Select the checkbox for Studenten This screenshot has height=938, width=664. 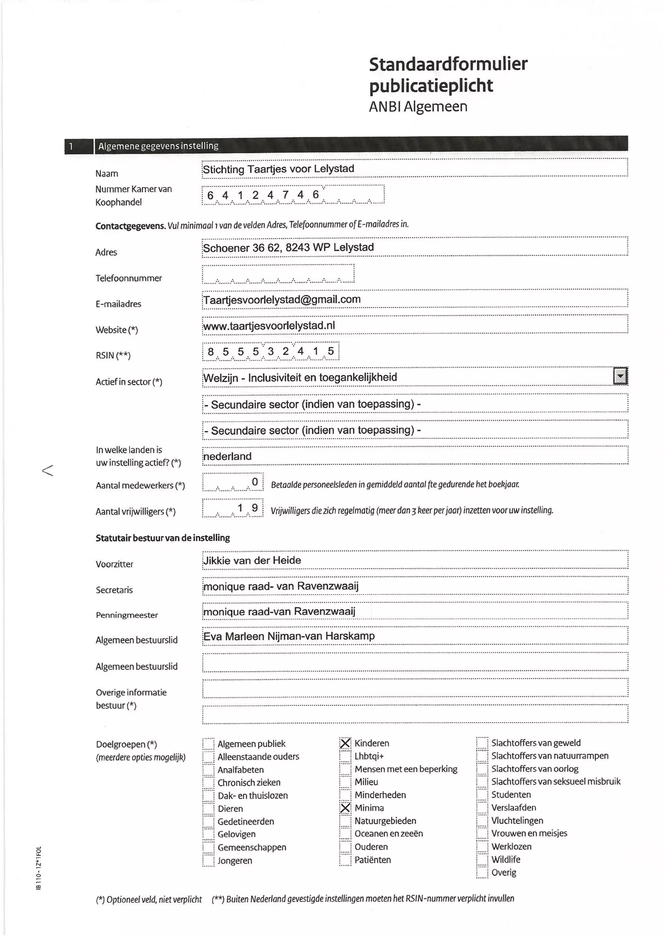point(482,794)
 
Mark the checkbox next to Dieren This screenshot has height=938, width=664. point(208,808)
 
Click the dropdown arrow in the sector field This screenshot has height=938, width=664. point(620,376)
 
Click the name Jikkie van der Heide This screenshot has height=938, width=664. point(252,560)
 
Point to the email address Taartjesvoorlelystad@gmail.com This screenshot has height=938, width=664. point(282,299)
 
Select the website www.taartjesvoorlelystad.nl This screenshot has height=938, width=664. point(269,326)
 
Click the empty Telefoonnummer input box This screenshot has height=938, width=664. point(278,274)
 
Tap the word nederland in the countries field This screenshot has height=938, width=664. point(227,456)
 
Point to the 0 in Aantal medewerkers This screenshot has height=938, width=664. point(255,482)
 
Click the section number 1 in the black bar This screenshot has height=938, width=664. point(71,146)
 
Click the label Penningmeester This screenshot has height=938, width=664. point(127,615)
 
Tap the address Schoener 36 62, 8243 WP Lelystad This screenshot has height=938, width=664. point(288,247)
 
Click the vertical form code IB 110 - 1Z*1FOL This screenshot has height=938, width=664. point(39,867)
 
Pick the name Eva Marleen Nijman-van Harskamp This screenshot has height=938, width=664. point(289,636)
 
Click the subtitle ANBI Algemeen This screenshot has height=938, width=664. point(418,106)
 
